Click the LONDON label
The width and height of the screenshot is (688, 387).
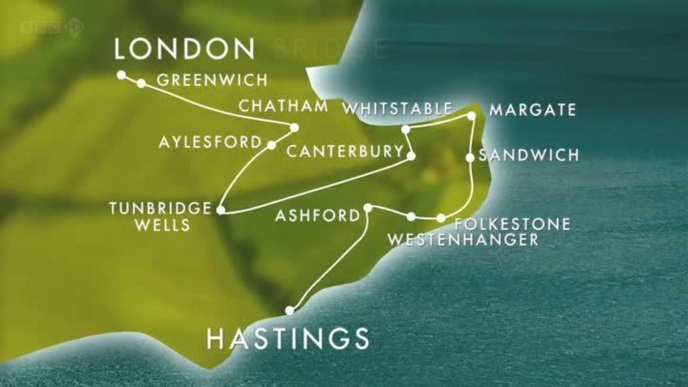pos(184,49)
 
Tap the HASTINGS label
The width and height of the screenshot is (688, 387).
pos(288,339)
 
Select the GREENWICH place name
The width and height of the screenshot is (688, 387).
pos(212,81)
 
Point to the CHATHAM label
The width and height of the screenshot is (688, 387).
pos(283,106)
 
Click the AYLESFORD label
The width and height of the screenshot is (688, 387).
pos(210,142)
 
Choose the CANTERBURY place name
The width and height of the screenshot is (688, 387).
pos(345,152)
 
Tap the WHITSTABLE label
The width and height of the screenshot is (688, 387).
pos(397,109)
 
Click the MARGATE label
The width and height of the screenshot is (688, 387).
pos(533,110)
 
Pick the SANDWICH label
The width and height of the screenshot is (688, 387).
pos(529,155)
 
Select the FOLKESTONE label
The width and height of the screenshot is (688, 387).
pos(512,224)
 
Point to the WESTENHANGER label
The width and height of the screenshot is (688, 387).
pos(463,240)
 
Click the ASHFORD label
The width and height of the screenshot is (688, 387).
pos(317,216)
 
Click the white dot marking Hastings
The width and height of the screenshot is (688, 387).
pos(290,310)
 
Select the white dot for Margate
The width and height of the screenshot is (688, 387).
pos(471,116)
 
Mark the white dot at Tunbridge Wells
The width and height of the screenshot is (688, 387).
pos(220,210)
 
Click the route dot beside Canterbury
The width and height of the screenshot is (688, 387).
pos(411,156)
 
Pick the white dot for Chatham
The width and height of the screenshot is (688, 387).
pos(294,127)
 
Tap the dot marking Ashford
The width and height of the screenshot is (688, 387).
pos(368,207)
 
